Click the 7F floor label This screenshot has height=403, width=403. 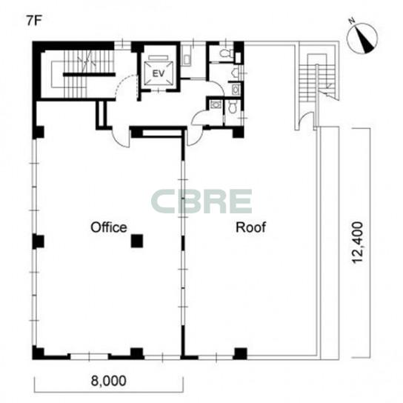[33, 21]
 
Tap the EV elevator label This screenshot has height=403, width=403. [159, 74]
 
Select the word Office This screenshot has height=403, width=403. [109, 227]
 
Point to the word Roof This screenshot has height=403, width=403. [250, 227]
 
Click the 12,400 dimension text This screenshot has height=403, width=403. [358, 243]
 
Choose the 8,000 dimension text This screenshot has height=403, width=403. [109, 381]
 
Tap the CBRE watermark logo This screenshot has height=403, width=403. [201, 201]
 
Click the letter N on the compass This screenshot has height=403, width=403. [352, 21]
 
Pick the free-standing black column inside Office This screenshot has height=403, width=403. [137, 241]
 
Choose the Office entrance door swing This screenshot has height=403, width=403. [121, 139]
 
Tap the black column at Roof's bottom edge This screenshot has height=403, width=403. [240, 353]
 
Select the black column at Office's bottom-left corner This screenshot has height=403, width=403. [38, 353]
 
